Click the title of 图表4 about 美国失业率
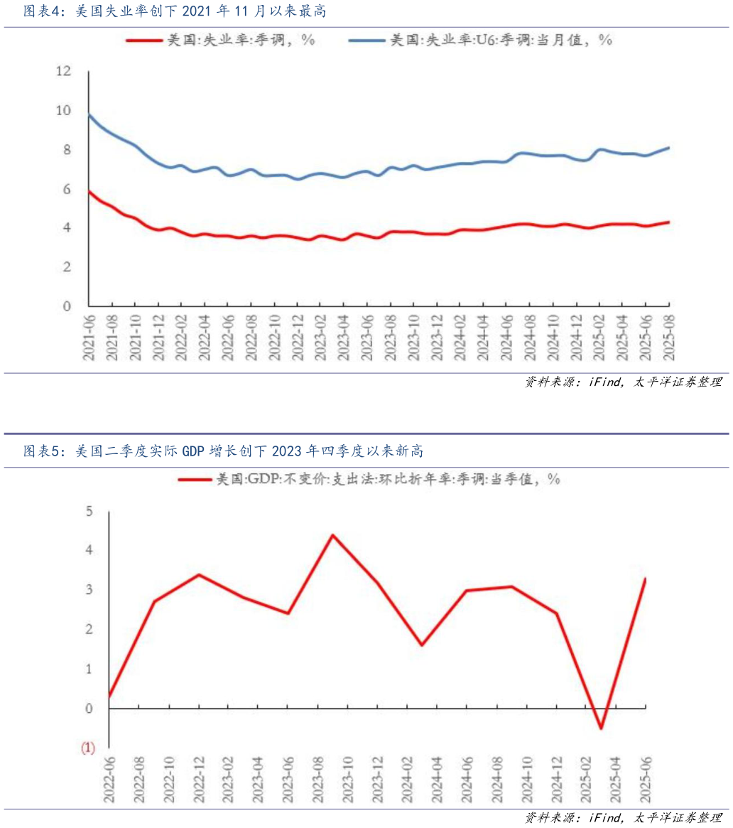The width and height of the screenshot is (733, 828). [x=175, y=11]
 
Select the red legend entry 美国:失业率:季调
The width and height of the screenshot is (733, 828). [x=220, y=41]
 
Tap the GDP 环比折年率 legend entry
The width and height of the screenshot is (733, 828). [x=369, y=480]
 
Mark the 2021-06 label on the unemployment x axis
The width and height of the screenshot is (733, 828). [x=89, y=339]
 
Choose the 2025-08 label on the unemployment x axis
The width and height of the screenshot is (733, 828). [x=668, y=339]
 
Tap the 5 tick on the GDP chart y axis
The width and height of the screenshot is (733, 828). [x=89, y=511]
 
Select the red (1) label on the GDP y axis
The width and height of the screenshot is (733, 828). [x=88, y=748]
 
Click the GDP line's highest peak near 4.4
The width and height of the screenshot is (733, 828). [x=332, y=535]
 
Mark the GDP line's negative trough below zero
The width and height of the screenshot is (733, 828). [x=601, y=728]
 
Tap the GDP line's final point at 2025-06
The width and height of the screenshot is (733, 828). [x=645, y=579]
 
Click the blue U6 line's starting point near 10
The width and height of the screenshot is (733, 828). [x=89, y=114]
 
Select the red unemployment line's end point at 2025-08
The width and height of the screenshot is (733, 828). [x=668, y=222]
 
